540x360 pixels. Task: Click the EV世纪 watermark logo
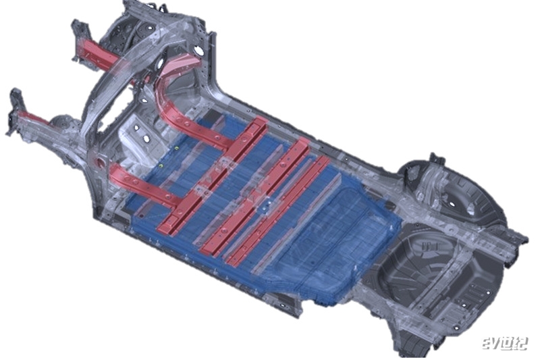[504, 344]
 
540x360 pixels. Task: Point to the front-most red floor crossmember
[213, 175]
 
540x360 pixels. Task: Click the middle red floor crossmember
[256, 197]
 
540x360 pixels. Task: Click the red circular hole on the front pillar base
[101, 161]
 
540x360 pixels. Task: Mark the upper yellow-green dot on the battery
[177, 148]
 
